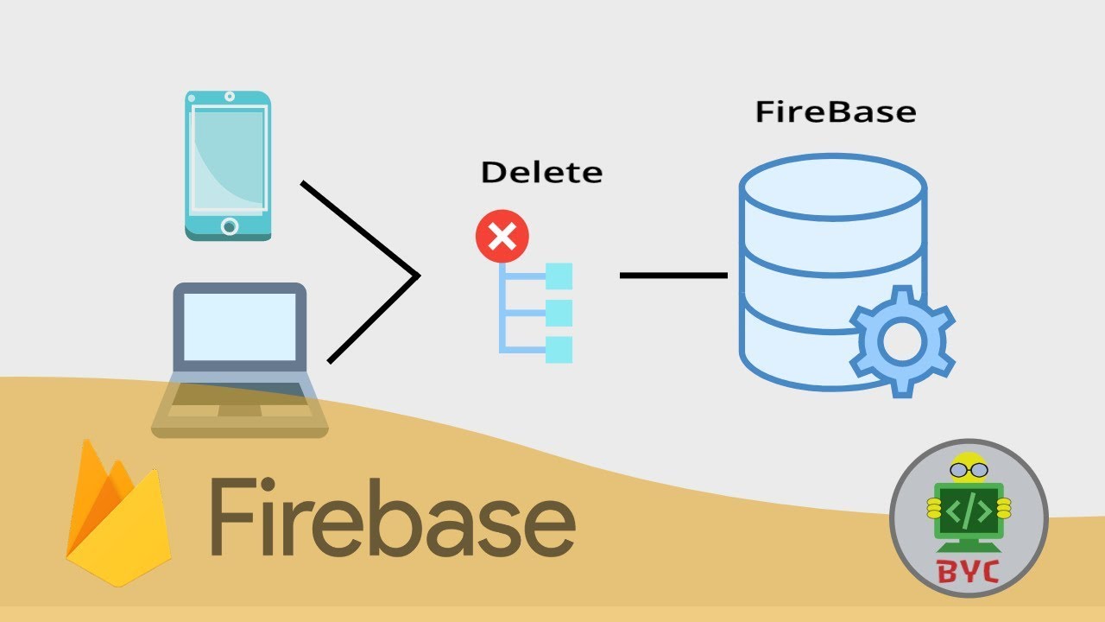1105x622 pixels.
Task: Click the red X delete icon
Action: tap(502, 236)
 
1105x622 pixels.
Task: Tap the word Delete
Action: tap(541, 172)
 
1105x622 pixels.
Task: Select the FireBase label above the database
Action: tap(835, 112)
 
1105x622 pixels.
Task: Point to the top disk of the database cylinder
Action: tap(832, 187)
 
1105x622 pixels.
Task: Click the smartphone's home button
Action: tap(229, 226)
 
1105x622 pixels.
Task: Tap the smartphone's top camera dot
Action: tap(229, 97)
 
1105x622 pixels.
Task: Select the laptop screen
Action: tap(240, 326)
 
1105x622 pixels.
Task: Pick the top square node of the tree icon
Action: tap(559, 276)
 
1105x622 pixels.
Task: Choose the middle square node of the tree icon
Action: tap(559, 313)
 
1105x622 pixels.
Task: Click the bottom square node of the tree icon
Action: tap(559, 349)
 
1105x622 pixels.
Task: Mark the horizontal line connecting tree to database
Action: tap(673, 276)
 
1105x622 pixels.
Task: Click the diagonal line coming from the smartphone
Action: tap(358, 228)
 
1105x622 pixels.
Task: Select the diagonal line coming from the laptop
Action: tap(371, 321)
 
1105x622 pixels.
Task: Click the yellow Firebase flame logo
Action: tap(117, 518)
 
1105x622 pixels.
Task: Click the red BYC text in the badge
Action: tap(968, 571)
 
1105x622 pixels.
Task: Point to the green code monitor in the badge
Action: tap(969, 511)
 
